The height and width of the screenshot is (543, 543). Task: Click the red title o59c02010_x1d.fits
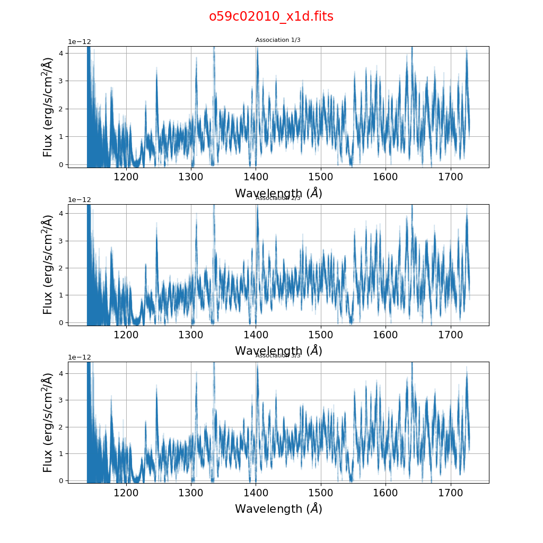271,16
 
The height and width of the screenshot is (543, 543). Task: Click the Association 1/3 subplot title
278,40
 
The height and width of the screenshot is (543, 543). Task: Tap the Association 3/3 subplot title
278,356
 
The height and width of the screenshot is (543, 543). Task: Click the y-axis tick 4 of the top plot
62,53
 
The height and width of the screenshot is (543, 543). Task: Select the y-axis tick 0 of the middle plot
62,322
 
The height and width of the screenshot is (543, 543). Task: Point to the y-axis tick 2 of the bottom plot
62,427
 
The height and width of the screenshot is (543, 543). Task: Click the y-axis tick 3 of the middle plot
62,241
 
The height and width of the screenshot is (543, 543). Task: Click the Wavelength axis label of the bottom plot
278,509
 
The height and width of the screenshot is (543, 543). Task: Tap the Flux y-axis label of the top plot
48,107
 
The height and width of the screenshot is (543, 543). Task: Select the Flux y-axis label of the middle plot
48,265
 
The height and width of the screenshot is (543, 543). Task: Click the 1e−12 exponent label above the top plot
80,42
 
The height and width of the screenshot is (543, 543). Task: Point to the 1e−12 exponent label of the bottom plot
80,357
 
